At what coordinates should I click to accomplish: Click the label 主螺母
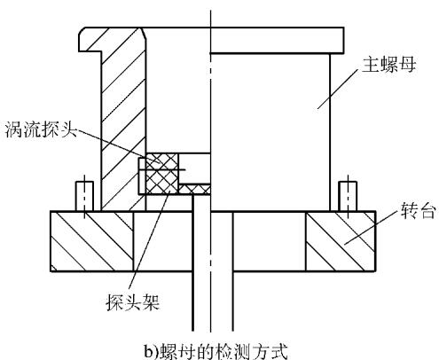click(388, 65)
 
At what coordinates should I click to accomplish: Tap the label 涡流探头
click(41, 129)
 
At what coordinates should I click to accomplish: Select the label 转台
click(418, 211)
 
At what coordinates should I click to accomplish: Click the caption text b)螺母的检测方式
click(216, 351)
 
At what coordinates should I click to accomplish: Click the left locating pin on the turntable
click(84, 196)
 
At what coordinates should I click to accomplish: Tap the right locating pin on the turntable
click(348, 196)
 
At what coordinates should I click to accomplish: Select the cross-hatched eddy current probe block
click(161, 174)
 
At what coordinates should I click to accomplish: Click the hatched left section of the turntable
click(92, 241)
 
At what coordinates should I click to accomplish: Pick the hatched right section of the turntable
click(341, 241)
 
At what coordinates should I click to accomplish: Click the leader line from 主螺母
click(337, 90)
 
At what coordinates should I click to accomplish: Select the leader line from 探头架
click(149, 240)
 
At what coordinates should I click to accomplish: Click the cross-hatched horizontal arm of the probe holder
click(194, 189)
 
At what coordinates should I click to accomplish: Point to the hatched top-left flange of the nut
click(113, 40)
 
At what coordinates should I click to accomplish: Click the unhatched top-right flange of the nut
click(277, 40)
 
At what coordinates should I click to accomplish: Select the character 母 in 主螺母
click(407, 65)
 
